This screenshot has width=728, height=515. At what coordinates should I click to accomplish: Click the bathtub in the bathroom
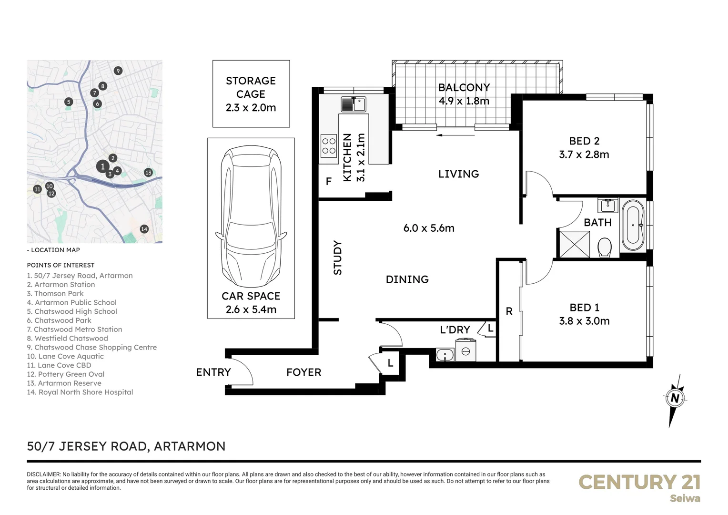point(633,225)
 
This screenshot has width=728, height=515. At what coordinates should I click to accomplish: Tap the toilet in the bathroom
point(605,247)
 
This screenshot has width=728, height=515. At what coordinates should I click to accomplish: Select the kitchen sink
point(353,104)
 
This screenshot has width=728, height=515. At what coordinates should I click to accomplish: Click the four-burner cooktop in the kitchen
point(329,146)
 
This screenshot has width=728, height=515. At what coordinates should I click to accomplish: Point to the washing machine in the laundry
point(465,350)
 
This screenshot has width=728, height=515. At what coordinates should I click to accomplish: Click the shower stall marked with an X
point(574,244)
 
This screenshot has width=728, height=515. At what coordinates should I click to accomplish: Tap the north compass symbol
point(674,399)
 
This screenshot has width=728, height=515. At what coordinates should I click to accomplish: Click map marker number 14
point(144,229)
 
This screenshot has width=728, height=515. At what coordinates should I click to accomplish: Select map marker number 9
point(118,71)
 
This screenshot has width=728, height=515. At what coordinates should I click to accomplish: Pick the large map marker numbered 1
point(102,166)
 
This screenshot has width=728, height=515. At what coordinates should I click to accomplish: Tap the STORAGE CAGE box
point(251,94)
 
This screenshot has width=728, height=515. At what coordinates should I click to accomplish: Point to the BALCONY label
point(464,88)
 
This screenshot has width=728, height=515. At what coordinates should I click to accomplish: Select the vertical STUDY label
point(338,257)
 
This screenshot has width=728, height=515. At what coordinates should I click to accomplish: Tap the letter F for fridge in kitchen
point(329,181)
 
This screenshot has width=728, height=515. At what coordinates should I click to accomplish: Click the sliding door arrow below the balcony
point(455,135)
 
